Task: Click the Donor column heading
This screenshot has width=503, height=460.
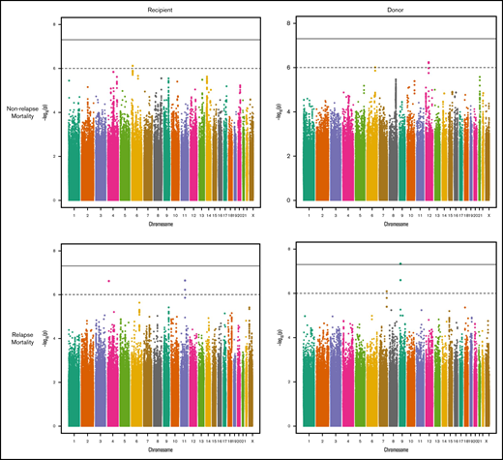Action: tap(399, 7)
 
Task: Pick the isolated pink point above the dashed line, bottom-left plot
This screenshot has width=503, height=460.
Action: tap(108, 281)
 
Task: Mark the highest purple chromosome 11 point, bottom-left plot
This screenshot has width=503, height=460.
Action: tap(185, 281)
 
